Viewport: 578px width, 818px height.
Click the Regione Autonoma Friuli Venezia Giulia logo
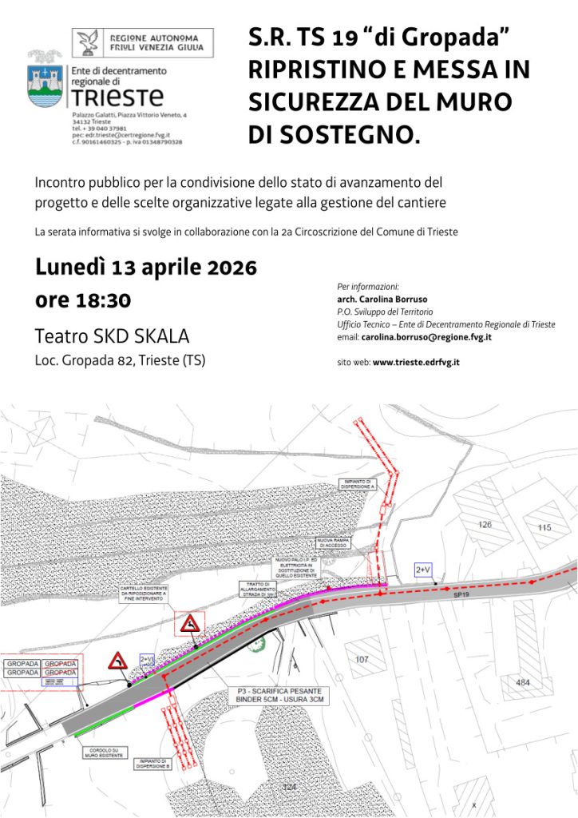[x=143, y=42]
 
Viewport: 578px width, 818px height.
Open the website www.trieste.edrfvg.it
[x=415, y=362]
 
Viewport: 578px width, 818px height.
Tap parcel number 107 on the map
[x=362, y=659]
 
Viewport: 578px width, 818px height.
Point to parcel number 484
[x=523, y=682]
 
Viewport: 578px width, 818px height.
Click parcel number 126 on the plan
[x=485, y=525]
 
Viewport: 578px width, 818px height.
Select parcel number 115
[x=544, y=527]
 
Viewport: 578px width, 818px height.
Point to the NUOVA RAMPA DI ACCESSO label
[x=335, y=544]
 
